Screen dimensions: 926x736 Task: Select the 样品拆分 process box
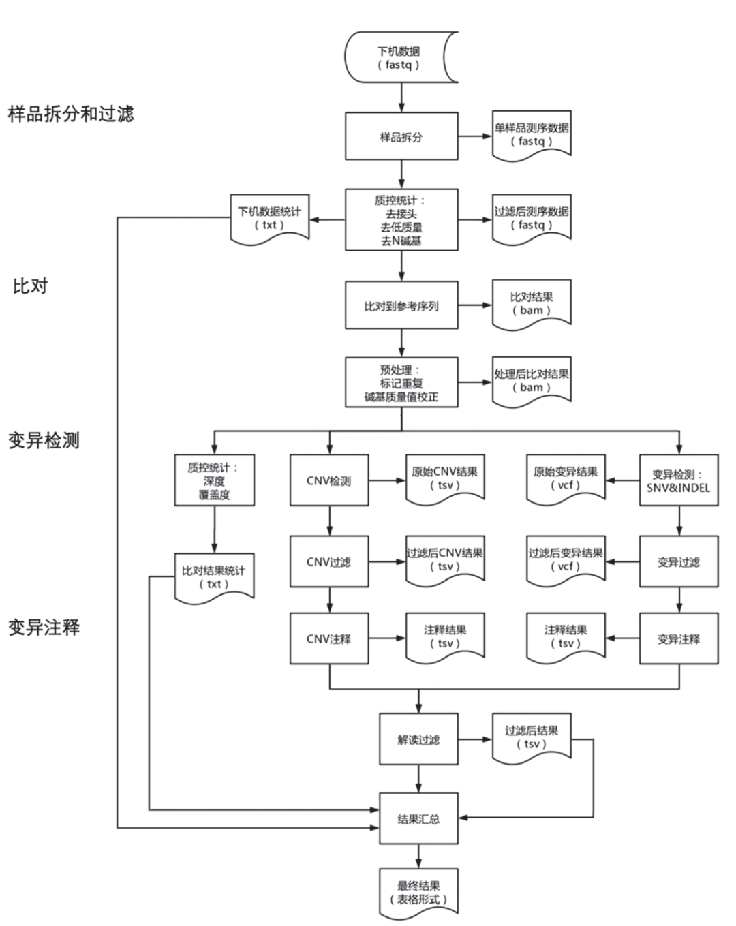(x=401, y=137)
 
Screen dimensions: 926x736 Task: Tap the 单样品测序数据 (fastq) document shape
(x=532, y=135)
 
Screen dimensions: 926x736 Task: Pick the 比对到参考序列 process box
(x=401, y=306)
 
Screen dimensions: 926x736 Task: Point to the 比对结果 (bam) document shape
(x=532, y=304)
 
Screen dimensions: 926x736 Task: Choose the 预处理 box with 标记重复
(x=401, y=383)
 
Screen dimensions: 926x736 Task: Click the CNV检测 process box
(x=329, y=480)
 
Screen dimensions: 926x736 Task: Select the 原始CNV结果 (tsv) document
(x=445, y=479)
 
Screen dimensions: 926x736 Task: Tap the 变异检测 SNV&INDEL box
(x=678, y=480)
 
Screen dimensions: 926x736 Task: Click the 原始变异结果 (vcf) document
(x=566, y=479)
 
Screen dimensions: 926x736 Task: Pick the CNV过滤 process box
(x=329, y=562)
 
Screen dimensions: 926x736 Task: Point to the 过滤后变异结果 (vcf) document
(x=566, y=560)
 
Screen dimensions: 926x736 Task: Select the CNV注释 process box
(x=329, y=639)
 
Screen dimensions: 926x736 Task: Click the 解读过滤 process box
(x=418, y=739)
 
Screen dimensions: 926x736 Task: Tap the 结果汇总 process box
(x=418, y=819)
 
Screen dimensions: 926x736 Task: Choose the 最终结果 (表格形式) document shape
(x=418, y=892)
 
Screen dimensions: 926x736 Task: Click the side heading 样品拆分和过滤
(x=71, y=114)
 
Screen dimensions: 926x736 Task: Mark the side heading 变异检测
(x=44, y=441)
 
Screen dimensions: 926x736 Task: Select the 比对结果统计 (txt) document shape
(x=214, y=577)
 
